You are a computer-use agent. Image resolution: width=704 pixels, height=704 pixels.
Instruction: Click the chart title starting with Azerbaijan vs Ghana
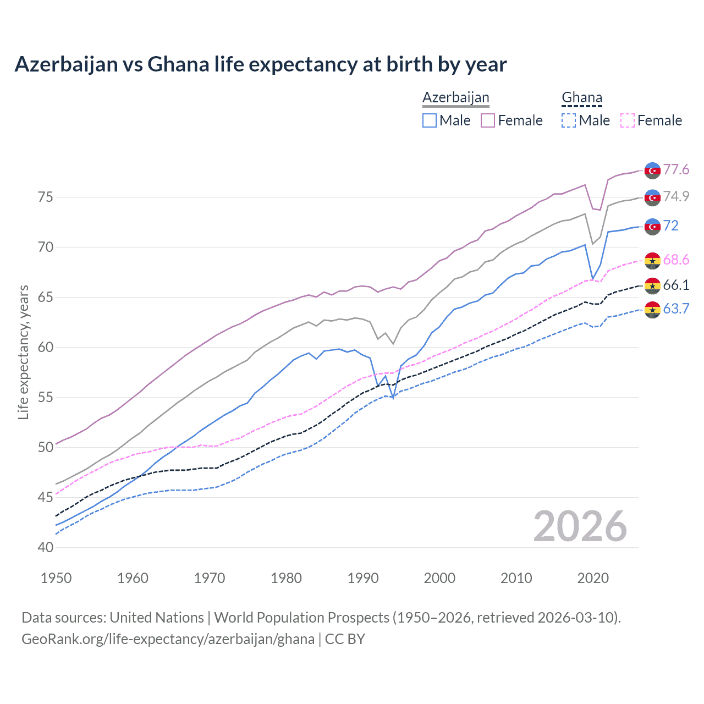[260, 64]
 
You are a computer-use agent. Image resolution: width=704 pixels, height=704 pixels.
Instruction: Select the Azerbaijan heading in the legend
[455, 97]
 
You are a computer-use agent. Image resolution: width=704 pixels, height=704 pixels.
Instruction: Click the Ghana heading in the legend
[581, 97]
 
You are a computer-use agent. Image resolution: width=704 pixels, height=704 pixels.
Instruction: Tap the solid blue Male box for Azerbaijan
[430, 120]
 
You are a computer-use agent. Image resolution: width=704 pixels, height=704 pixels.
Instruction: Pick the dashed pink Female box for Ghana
[627, 120]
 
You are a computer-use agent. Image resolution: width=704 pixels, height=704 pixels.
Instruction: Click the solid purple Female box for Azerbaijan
[488, 120]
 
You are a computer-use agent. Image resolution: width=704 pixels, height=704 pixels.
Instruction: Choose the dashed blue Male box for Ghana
[569, 120]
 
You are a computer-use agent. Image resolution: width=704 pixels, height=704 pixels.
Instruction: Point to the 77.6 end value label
[676, 169]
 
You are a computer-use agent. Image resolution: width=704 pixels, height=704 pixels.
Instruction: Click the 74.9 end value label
[676, 196]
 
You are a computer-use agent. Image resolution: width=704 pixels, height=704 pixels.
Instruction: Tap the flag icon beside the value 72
[652, 226]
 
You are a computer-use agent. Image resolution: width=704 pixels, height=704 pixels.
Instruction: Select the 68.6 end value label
[676, 260]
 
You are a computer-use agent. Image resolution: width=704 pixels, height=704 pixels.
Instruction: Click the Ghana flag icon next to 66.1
[652, 285]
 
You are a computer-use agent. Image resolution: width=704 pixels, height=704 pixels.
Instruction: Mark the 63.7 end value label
[676, 309]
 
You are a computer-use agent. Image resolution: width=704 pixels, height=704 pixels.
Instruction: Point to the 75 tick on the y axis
[46, 197]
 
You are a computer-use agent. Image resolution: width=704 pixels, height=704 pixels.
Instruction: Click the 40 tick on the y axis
[46, 547]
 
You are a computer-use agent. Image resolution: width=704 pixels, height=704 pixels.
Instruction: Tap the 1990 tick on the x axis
[363, 578]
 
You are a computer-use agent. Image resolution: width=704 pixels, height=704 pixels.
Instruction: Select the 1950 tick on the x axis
[57, 578]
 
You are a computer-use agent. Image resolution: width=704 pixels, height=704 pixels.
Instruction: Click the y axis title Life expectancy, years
[23, 352]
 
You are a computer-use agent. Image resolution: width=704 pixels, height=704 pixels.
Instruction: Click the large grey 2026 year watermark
[580, 526]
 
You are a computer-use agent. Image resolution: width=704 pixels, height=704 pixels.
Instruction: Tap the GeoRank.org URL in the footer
[168, 639]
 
